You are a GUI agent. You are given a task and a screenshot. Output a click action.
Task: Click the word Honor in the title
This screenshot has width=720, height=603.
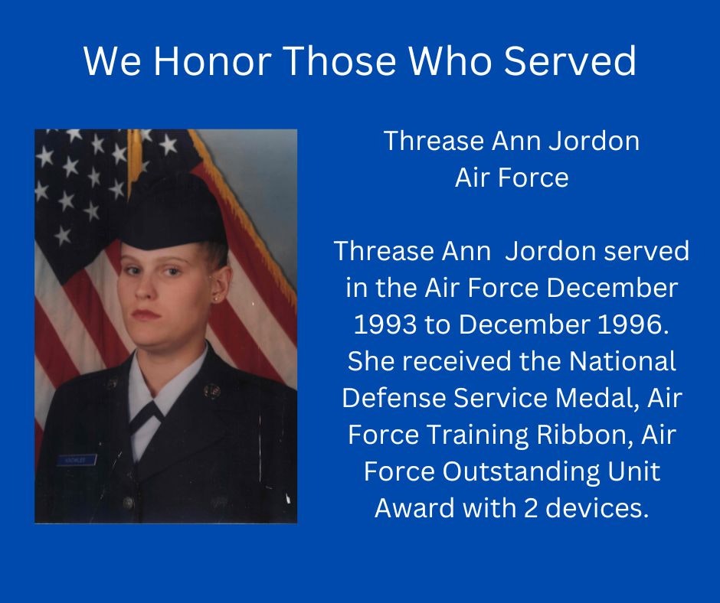[211, 61]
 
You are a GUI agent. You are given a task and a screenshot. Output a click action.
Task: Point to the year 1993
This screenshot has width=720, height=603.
[385, 324]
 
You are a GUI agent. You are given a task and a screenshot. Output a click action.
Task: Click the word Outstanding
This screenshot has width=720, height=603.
[521, 472]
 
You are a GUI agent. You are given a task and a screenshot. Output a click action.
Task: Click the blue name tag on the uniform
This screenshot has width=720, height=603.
[77, 459]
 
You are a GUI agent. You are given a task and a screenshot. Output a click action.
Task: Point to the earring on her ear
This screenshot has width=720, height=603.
[215, 299]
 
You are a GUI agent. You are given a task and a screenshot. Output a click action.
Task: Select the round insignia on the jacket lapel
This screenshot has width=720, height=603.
[211, 392]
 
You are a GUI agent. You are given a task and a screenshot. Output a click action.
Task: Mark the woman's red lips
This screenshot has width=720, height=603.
[146, 315]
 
